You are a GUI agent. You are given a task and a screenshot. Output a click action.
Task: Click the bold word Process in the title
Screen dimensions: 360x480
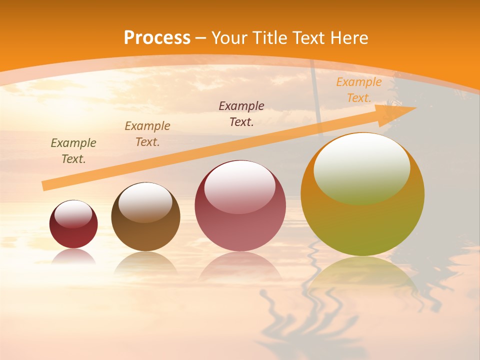click(x=157, y=38)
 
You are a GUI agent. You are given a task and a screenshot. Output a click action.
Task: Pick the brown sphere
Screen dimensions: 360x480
click(x=145, y=235)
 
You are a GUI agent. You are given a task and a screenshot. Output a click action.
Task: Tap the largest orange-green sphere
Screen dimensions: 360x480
click(x=362, y=225)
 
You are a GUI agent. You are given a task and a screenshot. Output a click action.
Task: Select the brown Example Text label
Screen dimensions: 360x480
click(x=147, y=134)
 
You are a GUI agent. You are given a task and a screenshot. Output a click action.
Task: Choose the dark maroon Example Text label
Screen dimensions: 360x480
click(x=241, y=114)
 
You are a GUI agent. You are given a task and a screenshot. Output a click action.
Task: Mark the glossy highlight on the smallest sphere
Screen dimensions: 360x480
click(x=73, y=214)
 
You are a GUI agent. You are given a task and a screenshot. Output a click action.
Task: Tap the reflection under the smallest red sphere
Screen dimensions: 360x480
click(x=73, y=256)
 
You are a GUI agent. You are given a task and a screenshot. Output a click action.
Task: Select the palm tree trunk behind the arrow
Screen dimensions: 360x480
click(x=316, y=90)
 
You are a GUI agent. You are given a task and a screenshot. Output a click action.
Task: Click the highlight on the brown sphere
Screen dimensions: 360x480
click(x=145, y=201)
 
